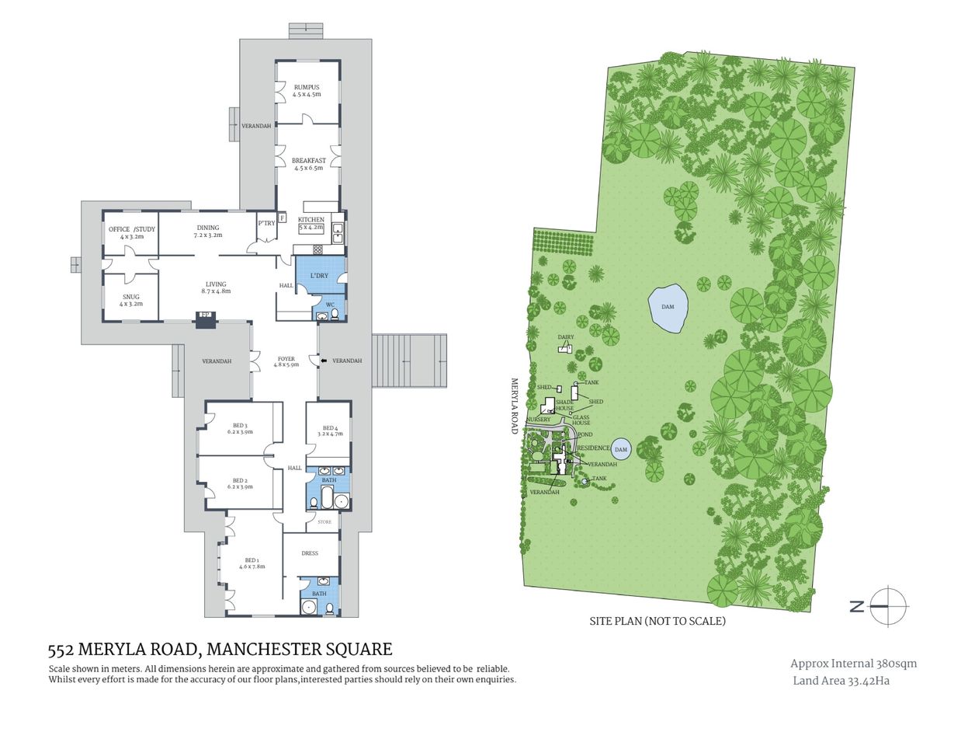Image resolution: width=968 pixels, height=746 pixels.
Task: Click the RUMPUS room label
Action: pyautogui.click(x=307, y=88)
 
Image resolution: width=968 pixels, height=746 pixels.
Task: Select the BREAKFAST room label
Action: pyautogui.click(x=308, y=161)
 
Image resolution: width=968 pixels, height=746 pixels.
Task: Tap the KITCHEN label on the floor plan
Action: pyautogui.click(x=311, y=220)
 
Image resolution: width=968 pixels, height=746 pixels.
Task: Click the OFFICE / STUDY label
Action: pyautogui.click(x=131, y=229)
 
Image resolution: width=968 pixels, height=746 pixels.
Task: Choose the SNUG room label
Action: pyautogui.click(x=131, y=297)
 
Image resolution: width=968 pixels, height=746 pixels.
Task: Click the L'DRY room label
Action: pyautogui.click(x=319, y=276)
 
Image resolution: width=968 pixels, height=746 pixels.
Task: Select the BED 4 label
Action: pyautogui.click(x=330, y=428)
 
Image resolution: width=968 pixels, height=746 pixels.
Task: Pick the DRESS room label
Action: pyautogui.click(x=310, y=553)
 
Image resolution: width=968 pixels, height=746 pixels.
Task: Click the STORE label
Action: pyautogui.click(x=324, y=522)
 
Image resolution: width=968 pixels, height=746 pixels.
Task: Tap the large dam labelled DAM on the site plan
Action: pyautogui.click(x=668, y=307)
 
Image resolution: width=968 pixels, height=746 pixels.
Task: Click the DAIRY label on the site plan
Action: pyautogui.click(x=566, y=337)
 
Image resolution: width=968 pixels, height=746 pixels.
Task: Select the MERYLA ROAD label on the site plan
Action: pyautogui.click(x=514, y=406)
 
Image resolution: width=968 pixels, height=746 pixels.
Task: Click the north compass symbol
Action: pyautogui.click(x=888, y=606)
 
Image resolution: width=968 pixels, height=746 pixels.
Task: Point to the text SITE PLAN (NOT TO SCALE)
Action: pyautogui.click(x=657, y=621)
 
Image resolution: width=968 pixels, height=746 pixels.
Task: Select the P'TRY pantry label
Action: pyautogui.click(x=266, y=223)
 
